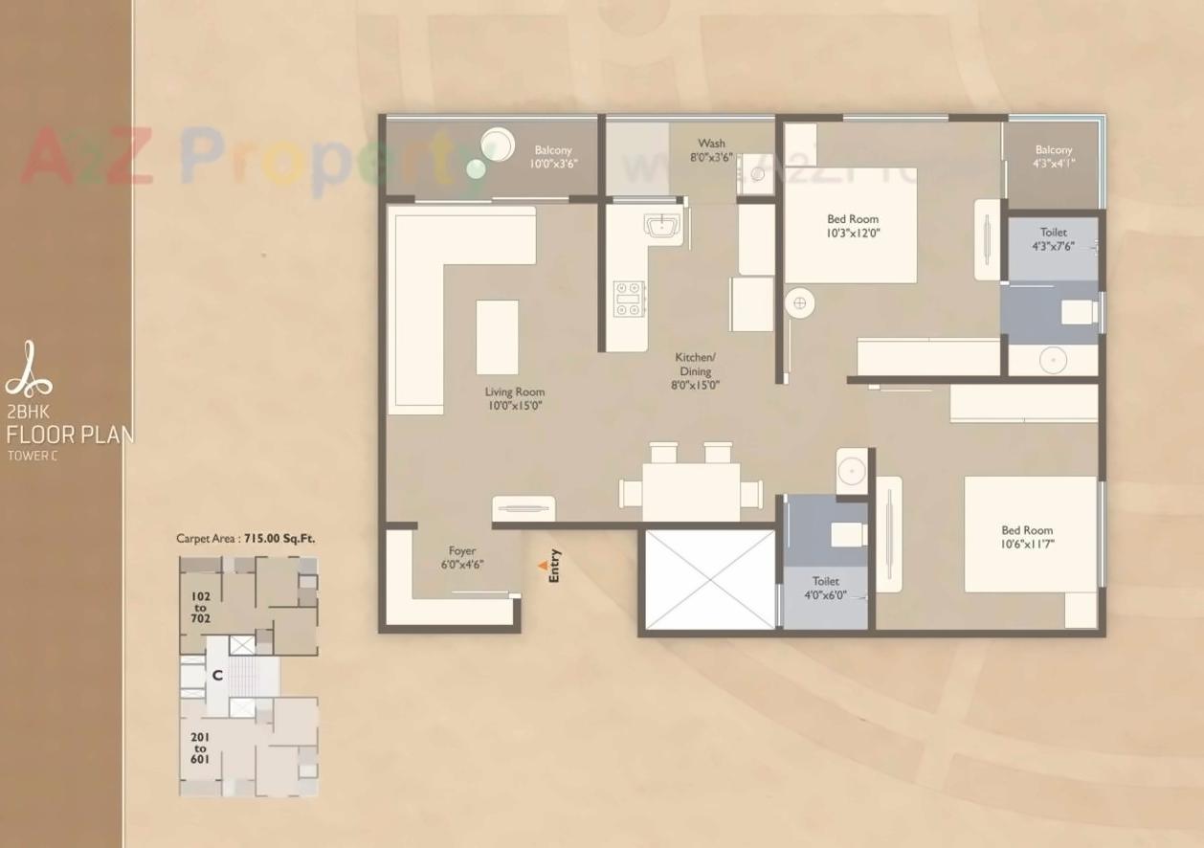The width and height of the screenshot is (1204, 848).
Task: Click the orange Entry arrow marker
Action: tap(543, 566)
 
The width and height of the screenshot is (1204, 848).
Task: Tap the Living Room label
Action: tap(514, 391)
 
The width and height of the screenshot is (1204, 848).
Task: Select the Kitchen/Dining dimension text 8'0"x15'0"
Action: tap(696, 385)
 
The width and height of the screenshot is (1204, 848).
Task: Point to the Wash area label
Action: tap(711, 144)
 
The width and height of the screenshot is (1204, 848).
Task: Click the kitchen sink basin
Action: tap(661, 226)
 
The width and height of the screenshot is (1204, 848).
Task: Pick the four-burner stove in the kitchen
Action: tap(630, 298)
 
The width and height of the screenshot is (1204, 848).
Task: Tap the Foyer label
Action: tap(462, 551)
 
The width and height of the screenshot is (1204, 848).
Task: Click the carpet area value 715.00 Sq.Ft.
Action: tap(279, 539)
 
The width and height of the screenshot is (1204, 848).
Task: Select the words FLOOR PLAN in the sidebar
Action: tap(70, 435)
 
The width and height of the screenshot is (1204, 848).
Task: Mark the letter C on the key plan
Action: tap(218, 675)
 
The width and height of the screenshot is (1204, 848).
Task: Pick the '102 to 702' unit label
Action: tap(200, 607)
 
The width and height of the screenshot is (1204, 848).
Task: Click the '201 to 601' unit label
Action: tap(200, 748)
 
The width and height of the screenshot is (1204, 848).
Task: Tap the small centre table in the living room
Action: tap(497, 337)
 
